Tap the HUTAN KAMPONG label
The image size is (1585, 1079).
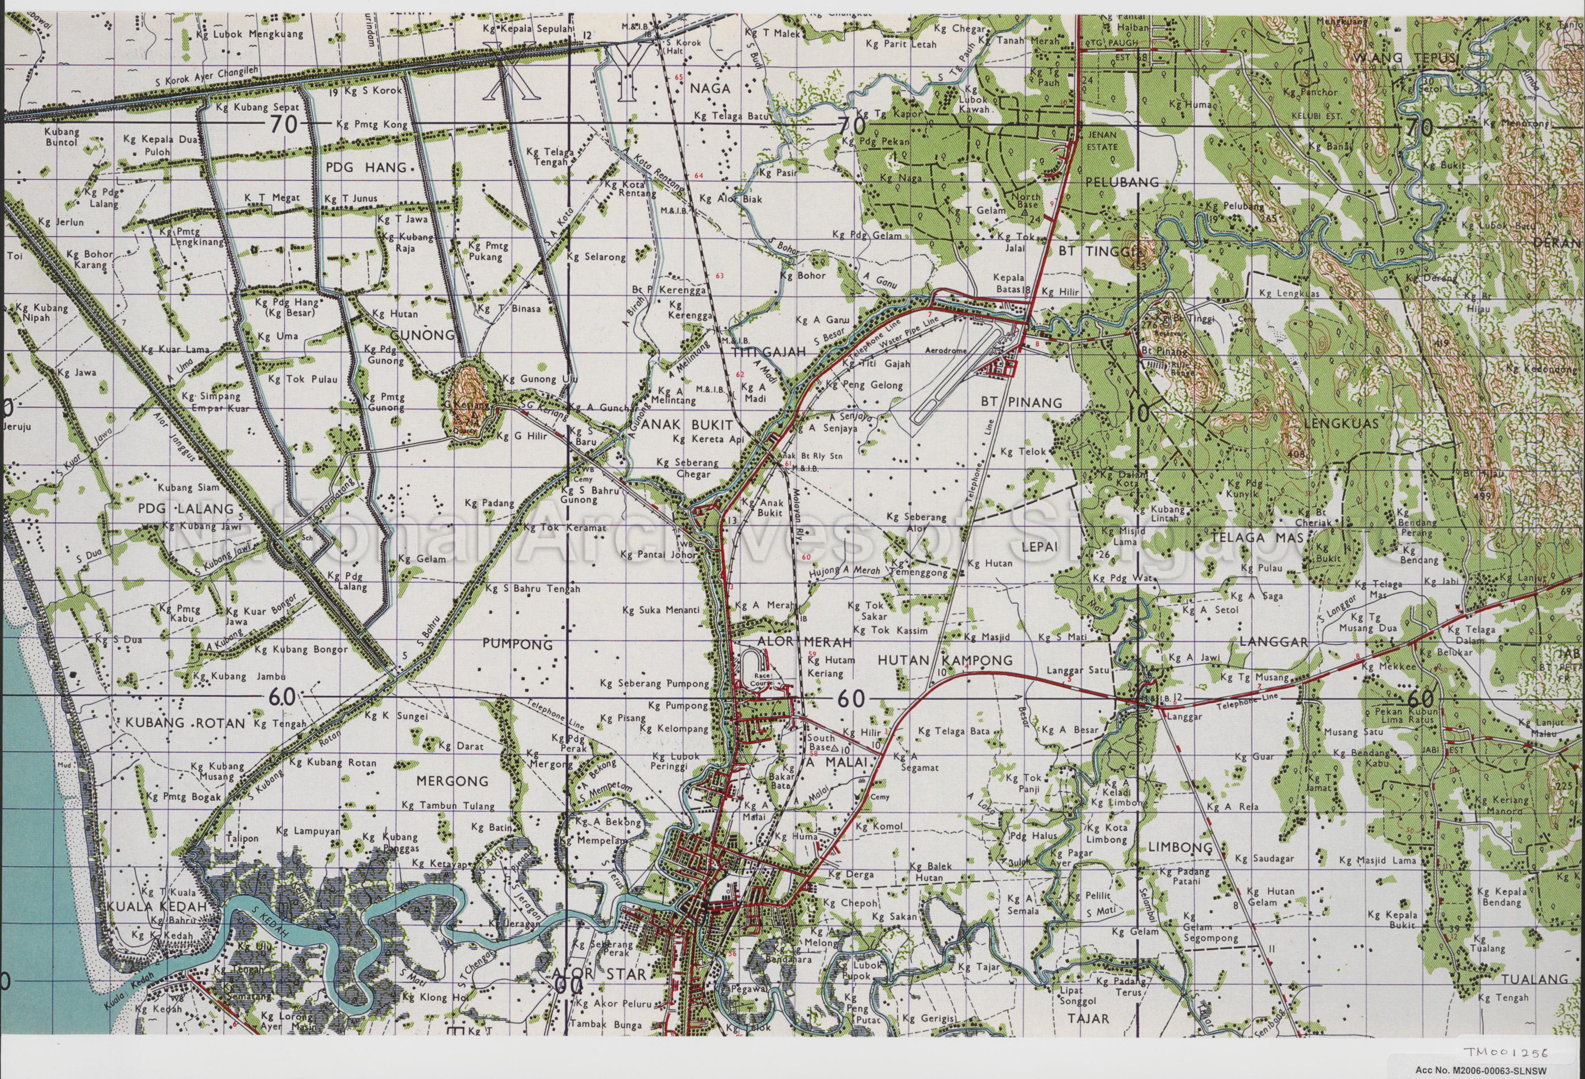click(x=944, y=660)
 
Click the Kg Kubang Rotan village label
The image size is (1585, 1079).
click(x=332, y=762)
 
